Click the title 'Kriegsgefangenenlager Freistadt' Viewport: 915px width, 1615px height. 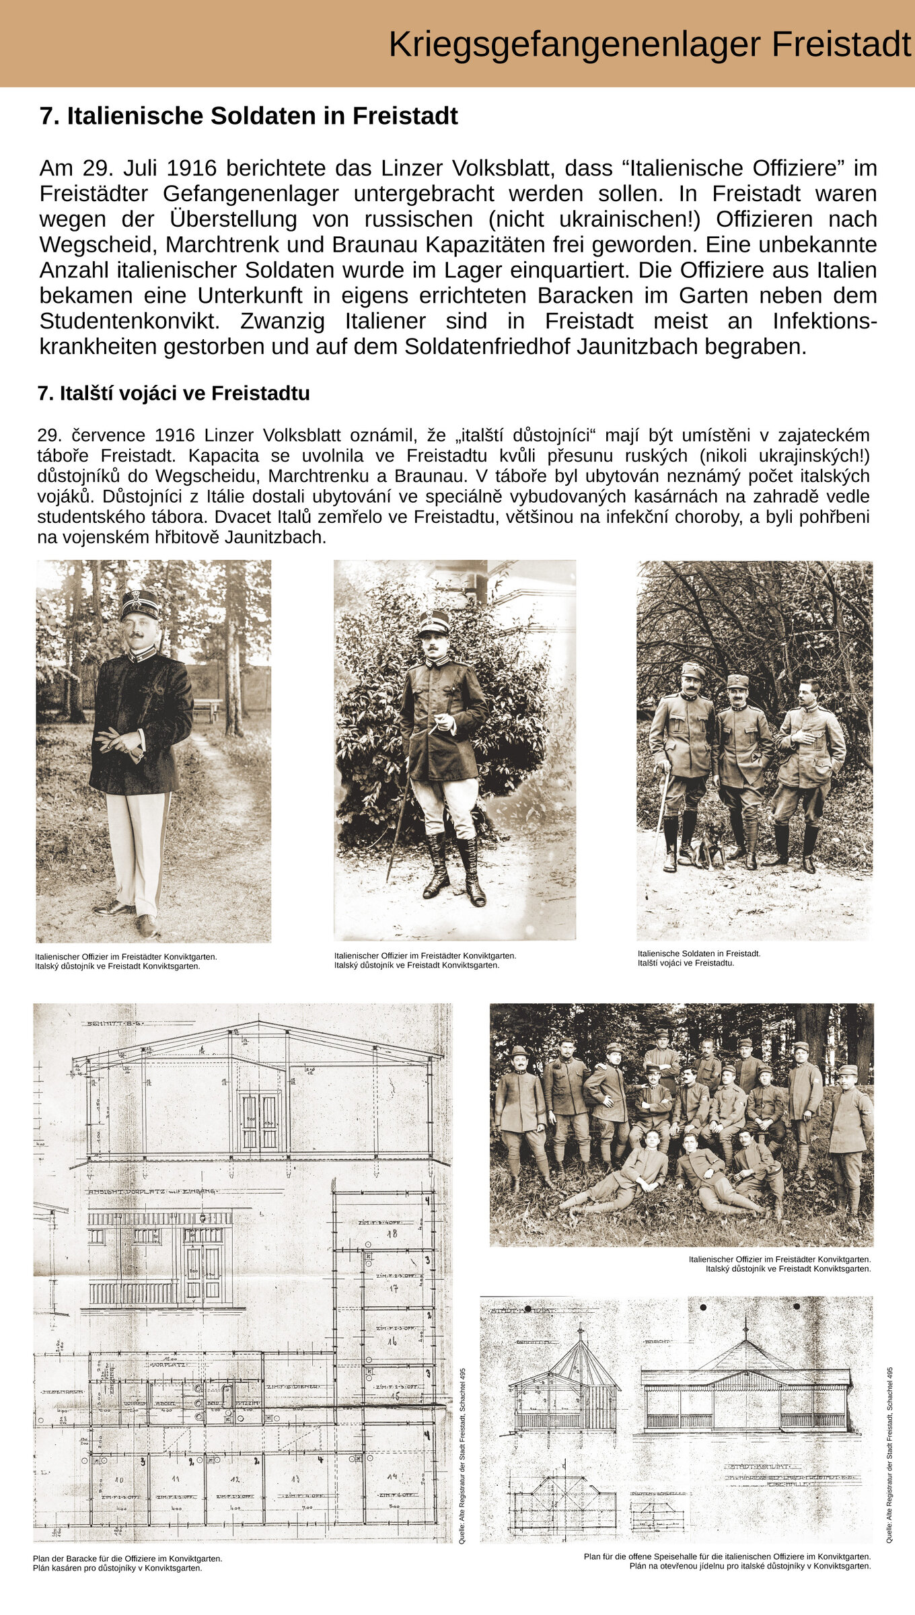point(649,44)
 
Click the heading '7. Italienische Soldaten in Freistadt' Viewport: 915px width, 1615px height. point(248,116)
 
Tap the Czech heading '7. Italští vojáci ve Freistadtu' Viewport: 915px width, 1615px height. point(174,393)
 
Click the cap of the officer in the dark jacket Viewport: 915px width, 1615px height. point(140,604)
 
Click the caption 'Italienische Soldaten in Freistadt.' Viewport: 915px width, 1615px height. point(699,954)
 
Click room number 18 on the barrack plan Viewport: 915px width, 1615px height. point(392,1234)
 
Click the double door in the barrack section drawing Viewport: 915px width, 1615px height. point(260,1120)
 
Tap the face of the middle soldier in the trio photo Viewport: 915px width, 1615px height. point(739,692)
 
